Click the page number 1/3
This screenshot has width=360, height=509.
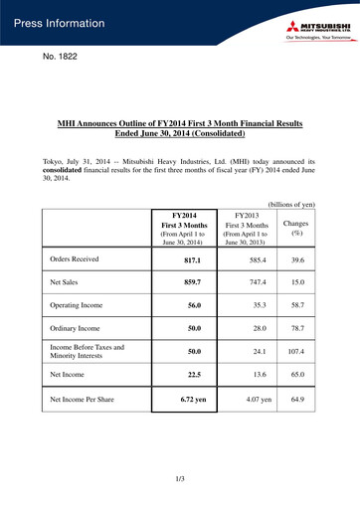point(180,480)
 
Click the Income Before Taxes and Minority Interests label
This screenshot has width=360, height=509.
point(88,354)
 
